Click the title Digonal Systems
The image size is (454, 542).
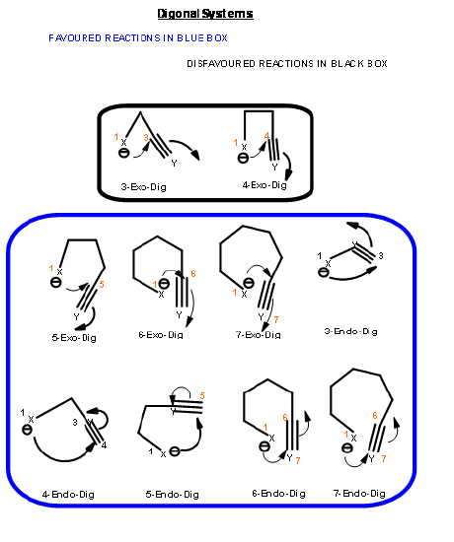205,14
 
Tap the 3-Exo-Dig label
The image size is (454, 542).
143,187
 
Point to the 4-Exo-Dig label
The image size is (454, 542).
265,185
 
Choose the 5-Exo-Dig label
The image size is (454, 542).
74,338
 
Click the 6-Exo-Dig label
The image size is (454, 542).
161,335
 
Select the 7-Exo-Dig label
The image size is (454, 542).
259,335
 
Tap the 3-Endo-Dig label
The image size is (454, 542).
350,331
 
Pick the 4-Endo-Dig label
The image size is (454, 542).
68,495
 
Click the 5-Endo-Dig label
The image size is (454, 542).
172,495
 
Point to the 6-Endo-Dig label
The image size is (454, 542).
278,494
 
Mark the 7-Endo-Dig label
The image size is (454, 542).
359,494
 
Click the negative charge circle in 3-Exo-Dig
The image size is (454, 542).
123,153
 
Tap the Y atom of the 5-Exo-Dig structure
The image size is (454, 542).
77,316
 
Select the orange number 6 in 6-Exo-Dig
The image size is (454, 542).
193,274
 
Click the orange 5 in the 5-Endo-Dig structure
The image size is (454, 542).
202,396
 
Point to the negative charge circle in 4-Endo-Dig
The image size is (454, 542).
27,430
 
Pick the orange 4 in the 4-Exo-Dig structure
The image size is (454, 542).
266,136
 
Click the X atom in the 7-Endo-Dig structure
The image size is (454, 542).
353,439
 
